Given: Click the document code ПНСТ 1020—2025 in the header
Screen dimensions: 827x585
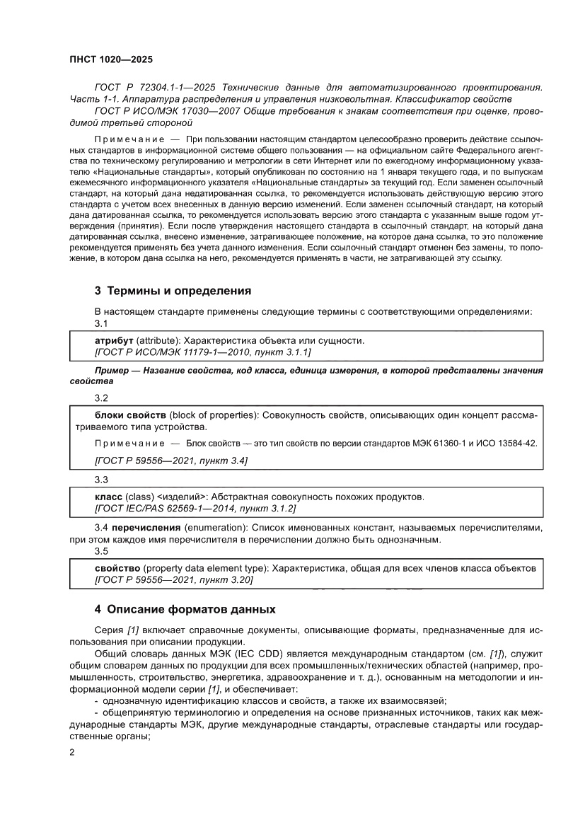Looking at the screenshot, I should point(111,60).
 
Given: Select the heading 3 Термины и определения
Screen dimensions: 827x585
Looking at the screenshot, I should point(173,291).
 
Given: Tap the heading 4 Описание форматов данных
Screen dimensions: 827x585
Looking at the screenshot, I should point(185,609).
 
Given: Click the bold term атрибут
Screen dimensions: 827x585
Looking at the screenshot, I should point(114,340).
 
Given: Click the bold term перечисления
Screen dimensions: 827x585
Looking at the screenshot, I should point(146,528).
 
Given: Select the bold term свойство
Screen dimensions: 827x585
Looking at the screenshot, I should point(117,568).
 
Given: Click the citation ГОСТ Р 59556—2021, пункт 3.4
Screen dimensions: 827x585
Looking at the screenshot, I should point(170,461).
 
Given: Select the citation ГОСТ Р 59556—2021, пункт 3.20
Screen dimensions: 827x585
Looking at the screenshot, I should point(173,579).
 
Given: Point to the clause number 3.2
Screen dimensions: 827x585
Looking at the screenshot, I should point(101,398).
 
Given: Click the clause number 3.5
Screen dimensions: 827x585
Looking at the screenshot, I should point(101,551).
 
